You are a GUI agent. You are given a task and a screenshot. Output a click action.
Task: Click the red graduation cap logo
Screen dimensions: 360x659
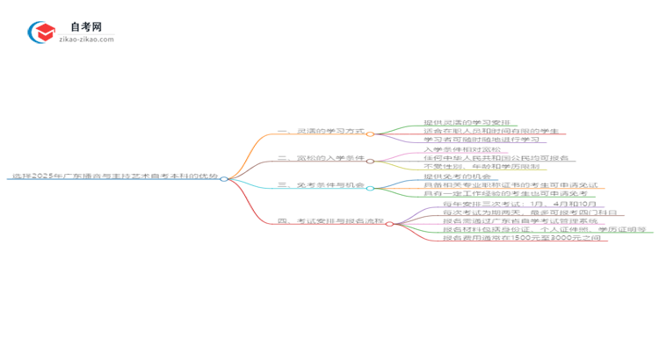(40, 32)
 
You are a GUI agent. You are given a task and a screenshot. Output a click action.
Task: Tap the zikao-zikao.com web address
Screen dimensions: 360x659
(86, 40)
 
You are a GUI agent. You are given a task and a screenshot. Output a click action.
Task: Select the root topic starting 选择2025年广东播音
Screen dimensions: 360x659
(114, 177)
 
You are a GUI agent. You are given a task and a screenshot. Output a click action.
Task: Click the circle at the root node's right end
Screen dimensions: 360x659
(224, 178)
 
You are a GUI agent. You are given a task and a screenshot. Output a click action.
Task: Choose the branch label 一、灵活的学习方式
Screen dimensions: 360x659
(321, 132)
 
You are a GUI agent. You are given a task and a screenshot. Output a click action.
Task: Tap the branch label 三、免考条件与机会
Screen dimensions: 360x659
(321, 185)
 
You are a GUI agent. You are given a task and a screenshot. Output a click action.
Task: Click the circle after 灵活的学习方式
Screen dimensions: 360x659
(370, 133)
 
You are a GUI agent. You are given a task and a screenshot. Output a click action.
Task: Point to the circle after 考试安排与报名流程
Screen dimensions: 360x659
(389, 223)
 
